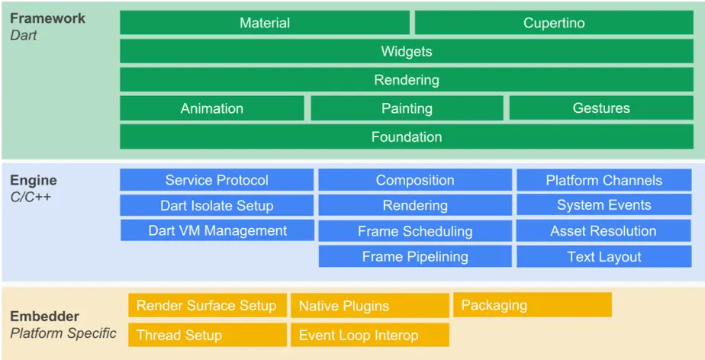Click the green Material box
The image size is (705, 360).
coord(265,23)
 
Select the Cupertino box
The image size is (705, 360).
coord(554,23)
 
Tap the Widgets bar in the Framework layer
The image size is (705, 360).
coord(407,52)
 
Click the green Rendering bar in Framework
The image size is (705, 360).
coord(407,80)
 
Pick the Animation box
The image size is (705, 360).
coord(212,108)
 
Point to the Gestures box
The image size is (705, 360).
coord(601,108)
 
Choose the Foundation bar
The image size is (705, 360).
coord(407,137)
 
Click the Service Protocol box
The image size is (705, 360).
coord(217,180)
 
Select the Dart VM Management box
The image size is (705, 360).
coord(217,230)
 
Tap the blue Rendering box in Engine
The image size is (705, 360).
coord(415,205)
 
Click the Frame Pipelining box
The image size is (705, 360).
coord(415,256)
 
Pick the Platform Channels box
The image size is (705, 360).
coord(604,180)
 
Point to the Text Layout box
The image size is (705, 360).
coord(604,256)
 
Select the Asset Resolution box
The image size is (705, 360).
coord(604,230)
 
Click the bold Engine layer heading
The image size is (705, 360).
coord(34,181)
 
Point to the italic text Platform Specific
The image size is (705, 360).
coord(63,333)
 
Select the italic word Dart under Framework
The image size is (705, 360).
coord(24,34)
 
